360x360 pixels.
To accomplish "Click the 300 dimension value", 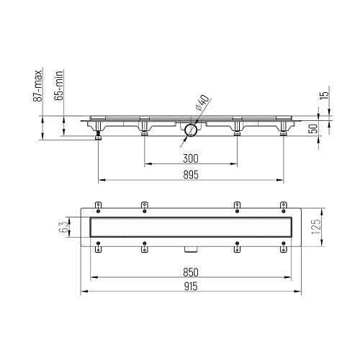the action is (191, 158).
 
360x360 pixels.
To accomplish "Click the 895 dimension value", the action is (191, 175).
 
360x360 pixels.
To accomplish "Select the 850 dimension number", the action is (191, 272).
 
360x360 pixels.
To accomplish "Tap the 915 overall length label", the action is (191, 287).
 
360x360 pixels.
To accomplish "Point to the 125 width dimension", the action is (316, 228).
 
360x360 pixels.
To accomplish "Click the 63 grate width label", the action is (63, 227).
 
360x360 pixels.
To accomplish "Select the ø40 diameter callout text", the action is (202, 102).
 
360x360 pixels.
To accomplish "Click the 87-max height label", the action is (37, 86).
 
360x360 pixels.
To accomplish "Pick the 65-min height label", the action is (59, 85).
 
